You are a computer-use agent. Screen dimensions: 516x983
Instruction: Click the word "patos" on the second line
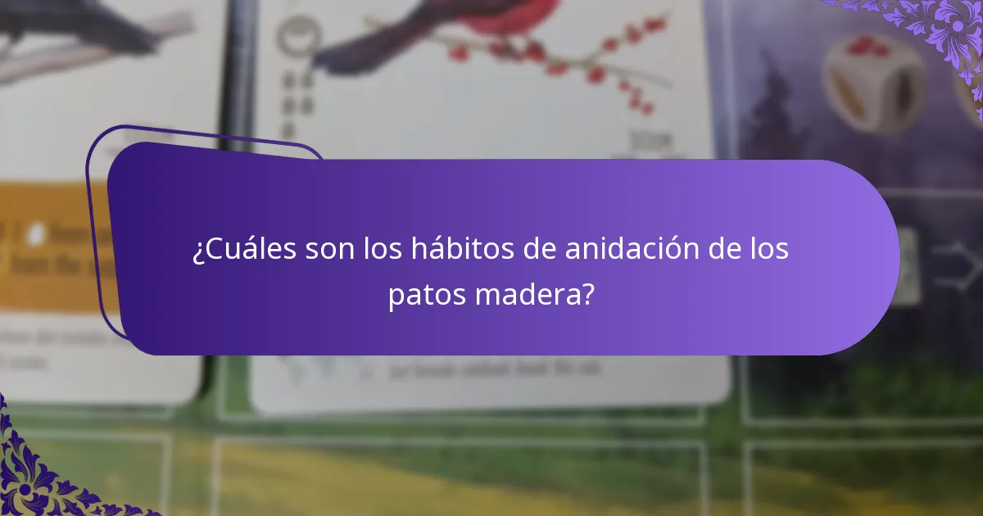point(427,295)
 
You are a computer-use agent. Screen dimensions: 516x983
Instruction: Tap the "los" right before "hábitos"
point(383,250)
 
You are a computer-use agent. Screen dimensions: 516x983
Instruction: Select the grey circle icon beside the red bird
point(288,37)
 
